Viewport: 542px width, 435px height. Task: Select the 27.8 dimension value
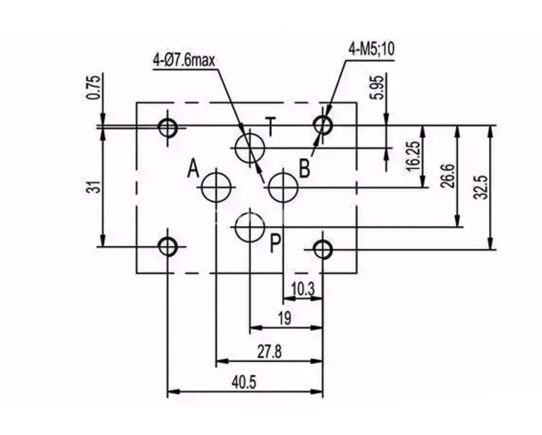pos(269,352)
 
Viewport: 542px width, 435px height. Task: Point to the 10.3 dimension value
pos(302,289)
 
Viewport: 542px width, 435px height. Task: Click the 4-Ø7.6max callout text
pos(184,60)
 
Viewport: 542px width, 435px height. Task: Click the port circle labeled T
pos(250,148)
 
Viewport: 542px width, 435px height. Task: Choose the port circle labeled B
pos(283,187)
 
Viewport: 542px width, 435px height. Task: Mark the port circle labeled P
pos(250,227)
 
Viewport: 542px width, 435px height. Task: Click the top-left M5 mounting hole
pos(168,127)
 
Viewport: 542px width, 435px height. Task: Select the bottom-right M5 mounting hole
pos(322,248)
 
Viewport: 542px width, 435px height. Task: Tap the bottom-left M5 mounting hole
pos(168,246)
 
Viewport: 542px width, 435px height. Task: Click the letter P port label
pos(275,243)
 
